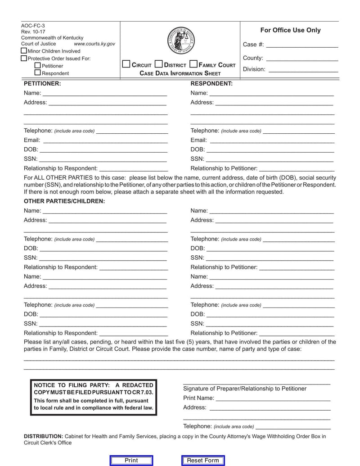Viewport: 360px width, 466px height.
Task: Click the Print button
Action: pos(131,460)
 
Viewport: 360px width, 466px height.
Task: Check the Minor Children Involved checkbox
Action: pos(24,51)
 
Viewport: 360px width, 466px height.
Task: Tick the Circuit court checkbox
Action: pos(126,64)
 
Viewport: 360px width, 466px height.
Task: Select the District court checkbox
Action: pos(158,64)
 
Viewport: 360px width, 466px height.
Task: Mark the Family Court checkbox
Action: pos(193,64)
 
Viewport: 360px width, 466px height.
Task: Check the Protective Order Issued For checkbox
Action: pos(24,58)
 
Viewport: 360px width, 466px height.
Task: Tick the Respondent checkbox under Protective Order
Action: pos(38,72)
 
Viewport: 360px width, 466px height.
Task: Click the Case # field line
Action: pos(302,46)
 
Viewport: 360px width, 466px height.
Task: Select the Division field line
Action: pos(309,71)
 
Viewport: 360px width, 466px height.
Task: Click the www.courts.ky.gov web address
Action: pos(94,44)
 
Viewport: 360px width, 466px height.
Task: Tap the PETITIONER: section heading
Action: pos(42,83)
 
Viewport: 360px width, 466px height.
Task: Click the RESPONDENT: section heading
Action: pos(211,83)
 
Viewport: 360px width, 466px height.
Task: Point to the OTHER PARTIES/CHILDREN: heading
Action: pos(64,201)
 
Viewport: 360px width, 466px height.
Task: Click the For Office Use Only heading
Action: pos(290,30)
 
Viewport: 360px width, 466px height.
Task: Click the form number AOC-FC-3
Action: pos(33,26)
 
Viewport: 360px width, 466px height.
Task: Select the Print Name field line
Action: pos(273,400)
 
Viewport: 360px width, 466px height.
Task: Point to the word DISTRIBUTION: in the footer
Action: pos(43,436)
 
